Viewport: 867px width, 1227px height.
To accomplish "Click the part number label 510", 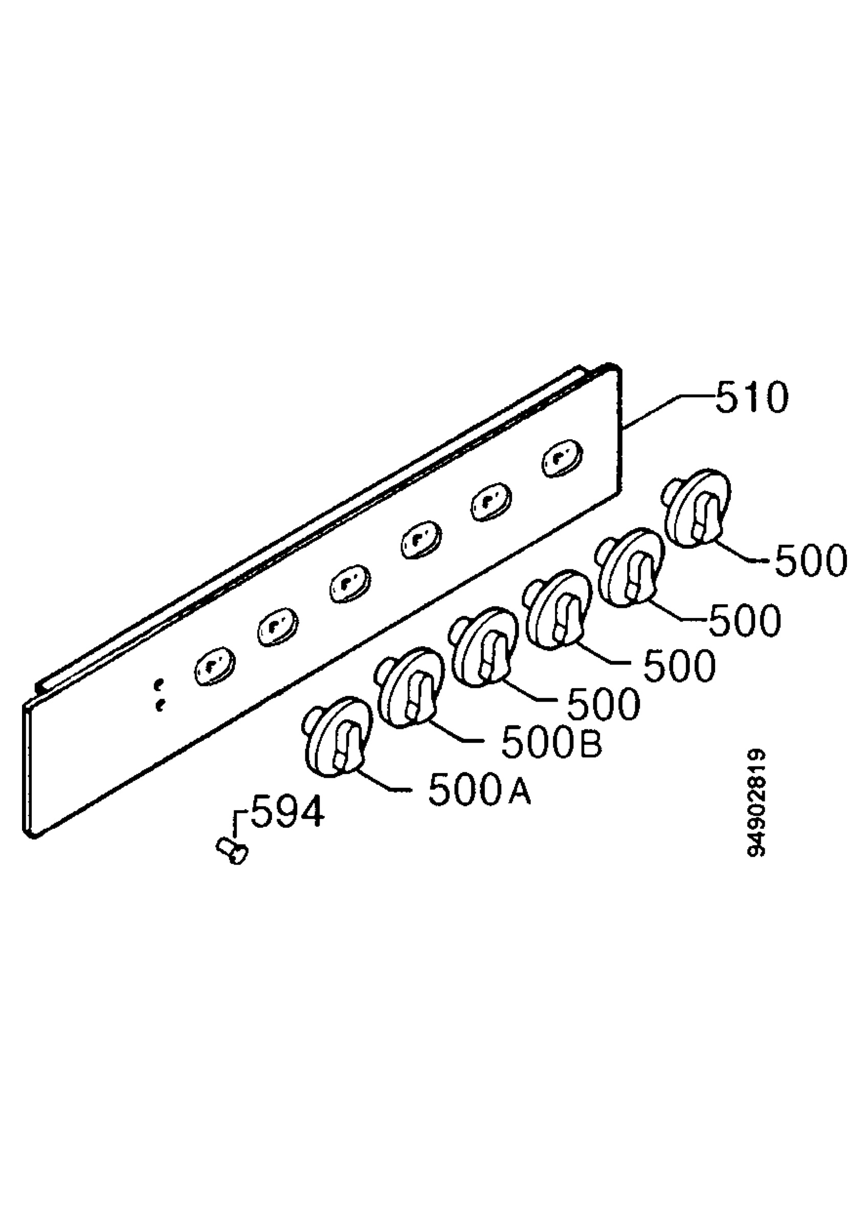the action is click(x=751, y=397).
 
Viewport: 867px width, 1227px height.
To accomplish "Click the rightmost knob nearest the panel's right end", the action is click(x=696, y=508).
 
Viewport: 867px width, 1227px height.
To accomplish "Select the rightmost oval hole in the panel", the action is click(x=562, y=458).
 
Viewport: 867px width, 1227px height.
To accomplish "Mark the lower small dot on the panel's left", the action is click(x=159, y=707).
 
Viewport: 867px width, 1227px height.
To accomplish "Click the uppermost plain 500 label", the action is click(x=810, y=561).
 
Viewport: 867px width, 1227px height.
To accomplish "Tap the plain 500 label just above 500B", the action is click(x=603, y=705).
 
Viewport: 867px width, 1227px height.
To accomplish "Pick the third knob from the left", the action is click(x=484, y=647).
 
